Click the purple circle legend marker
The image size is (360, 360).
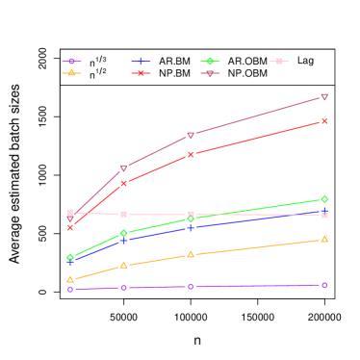71,62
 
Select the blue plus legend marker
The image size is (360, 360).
141,62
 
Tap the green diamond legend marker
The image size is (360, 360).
210,62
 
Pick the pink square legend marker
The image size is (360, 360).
279,62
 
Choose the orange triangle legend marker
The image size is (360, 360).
71,73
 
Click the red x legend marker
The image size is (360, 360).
141,73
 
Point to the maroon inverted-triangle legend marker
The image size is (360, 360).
210,73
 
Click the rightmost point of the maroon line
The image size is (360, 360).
324,97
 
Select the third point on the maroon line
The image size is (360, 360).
191,136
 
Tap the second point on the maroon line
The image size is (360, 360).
123,168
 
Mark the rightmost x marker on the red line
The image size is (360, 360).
324,121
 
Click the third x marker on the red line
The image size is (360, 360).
191,154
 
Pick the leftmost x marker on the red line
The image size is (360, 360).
70,228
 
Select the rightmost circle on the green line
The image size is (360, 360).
324,199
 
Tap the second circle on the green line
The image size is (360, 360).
123,233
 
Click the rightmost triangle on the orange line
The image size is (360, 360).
324,239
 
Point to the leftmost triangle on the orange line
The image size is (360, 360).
70,279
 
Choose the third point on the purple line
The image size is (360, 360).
191,286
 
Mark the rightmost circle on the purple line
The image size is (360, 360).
324,285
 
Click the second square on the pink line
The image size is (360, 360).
123,214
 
